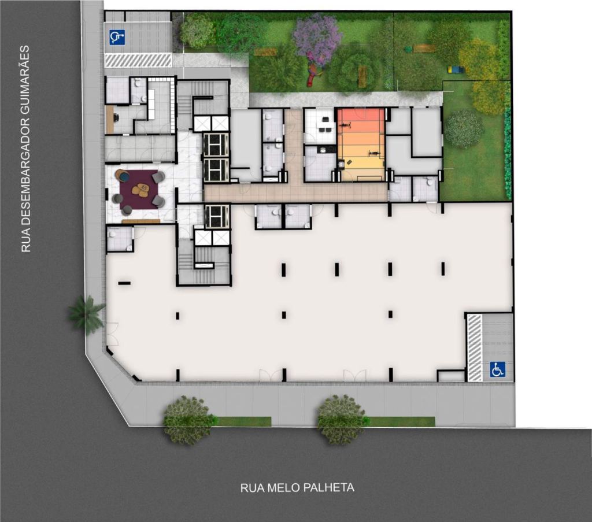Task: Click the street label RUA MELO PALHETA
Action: [x=297, y=488]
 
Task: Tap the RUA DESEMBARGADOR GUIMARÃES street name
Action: [x=25, y=149]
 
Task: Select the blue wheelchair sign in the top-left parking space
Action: [x=117, y=38]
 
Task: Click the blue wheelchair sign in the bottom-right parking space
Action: [x=497, y=369]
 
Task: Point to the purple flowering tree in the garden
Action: [x=318, y=40]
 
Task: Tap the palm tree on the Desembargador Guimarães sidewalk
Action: [x=87, y=314]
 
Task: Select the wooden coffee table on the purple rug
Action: [x=142, y=190]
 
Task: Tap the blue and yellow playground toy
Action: [x=456, y=69]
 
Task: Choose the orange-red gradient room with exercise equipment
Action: [x=361, y=145]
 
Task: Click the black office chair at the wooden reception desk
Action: [x=116, y=118]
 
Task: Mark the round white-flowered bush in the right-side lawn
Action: [x=464, y=128]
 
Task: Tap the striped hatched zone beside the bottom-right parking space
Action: [x=475, y=347]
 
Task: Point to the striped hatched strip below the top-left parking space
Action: [x=138, y=60]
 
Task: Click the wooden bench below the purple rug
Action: [x=141, y=221]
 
